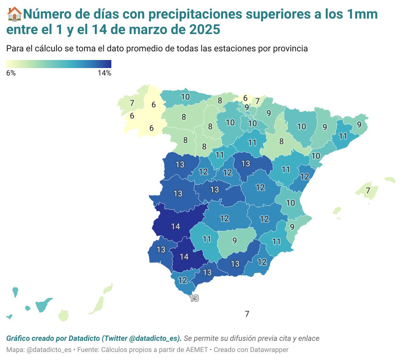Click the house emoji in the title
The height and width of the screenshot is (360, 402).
pyautogui.click(x=14, y=14)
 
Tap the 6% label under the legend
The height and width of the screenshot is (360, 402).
pyautogui.click(x=11, y=73)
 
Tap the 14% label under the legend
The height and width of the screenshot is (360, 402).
pyautogui.click(x=104, y=73)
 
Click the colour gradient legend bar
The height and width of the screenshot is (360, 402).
pyautogui.click(x=59, y=64)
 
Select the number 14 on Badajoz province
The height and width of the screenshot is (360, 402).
pyautogui.click(x=176, y=227)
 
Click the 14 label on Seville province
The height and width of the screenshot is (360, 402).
pyautogui.click(x=184, y=257)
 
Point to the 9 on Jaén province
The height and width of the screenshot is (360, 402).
pyautogui.click(x=234, y=240)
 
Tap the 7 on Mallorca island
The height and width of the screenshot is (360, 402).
pyautogui.click(x=368, y=190)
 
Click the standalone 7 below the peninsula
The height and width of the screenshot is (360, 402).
pyautogui.click(x=247, y=314)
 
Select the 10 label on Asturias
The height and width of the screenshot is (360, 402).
pyautogui.click(x=185, y=97)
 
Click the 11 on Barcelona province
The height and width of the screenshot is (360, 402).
pyautogui.click(x=343, y=136)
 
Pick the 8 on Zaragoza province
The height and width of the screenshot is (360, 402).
pyautogui.click(x=281, y=141)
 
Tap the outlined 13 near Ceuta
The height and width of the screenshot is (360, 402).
pyautogui.click(x=194, y=298)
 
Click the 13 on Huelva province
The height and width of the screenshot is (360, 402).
pyautogui.click(x=161, y=249)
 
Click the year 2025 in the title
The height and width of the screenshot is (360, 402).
pyautogui.click(x=204, y=29)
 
